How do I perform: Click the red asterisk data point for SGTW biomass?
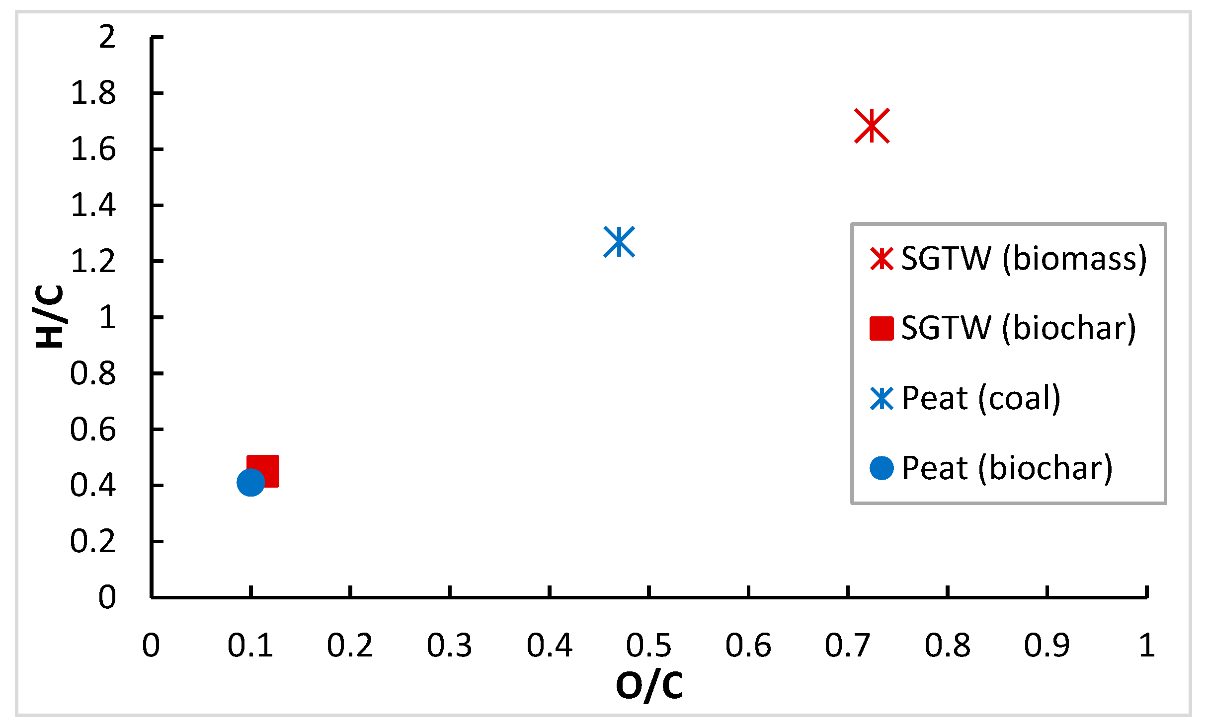pos(872,126)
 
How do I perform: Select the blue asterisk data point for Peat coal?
pos(619,242)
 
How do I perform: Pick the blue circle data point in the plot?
pos(250,482)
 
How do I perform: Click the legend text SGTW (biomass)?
pos(1024,258)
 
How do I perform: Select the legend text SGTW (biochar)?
pos(1019,328)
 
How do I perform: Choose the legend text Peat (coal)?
pos(981,398)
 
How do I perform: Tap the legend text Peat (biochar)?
pos(1007,468)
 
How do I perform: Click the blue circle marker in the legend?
pos(882,468)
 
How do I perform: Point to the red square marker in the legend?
pos(882,328)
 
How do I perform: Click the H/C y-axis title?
pos(50,316)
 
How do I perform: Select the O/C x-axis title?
pos(649,685)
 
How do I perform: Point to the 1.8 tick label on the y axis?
pos(93,93)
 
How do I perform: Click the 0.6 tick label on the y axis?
pos(93,430)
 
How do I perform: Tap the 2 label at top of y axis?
pos(107,37)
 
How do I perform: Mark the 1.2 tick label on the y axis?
pos(93,262)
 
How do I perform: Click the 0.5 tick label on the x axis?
pos(648,646)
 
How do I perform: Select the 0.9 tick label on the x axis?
pos(1046,646)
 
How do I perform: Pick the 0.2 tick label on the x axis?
pos(350,646)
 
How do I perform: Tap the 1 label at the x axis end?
pos(1147,646)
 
